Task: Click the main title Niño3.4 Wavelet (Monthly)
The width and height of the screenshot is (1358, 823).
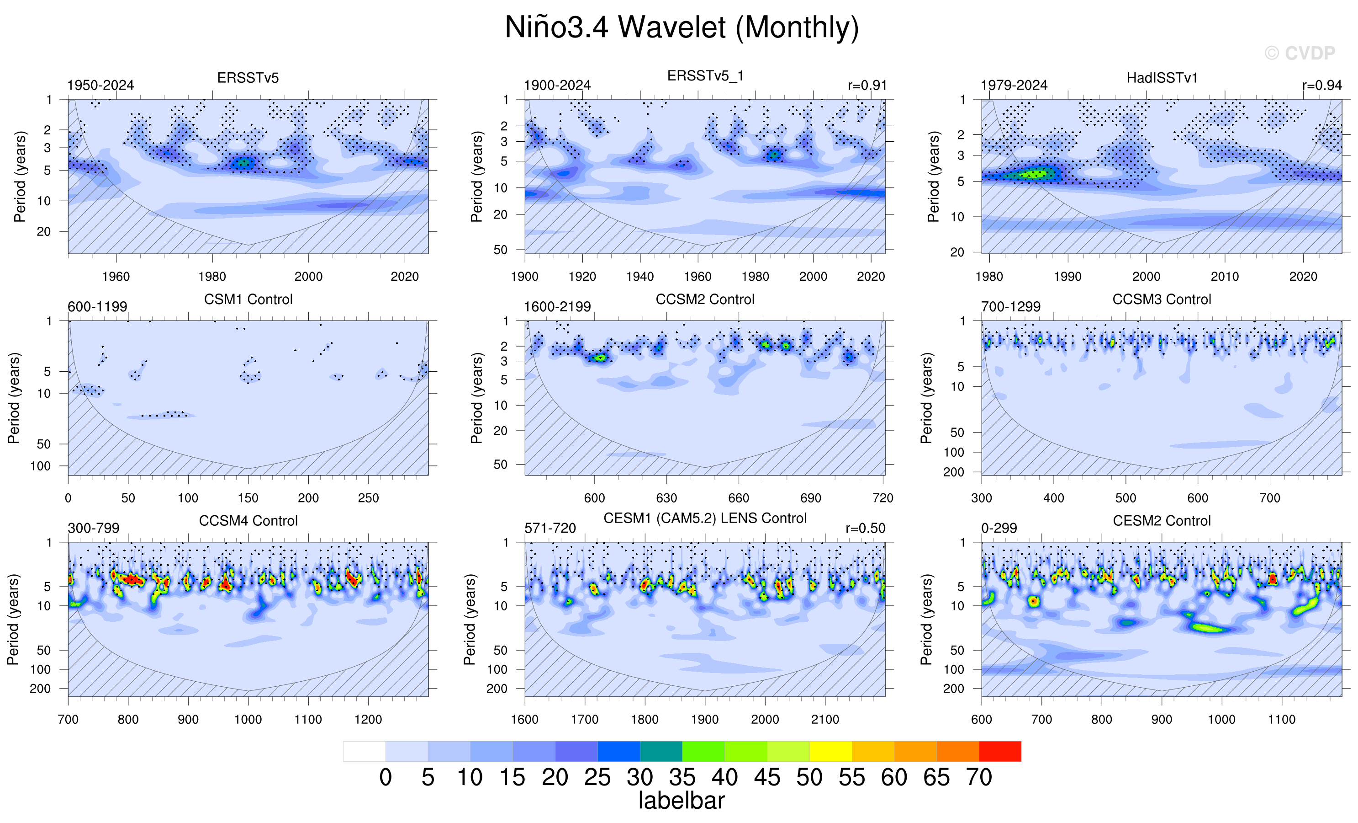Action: coord(682,27)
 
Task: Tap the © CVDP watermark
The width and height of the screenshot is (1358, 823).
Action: coord(1300,53)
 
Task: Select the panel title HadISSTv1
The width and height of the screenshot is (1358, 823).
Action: coord(1162,78)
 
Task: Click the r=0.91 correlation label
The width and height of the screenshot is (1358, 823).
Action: coord(867,86)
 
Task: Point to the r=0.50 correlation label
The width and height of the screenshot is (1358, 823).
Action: coord(865,528)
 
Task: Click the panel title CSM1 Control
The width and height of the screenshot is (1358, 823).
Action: coord(248,299)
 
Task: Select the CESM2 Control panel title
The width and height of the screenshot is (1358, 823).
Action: coord(1161,521)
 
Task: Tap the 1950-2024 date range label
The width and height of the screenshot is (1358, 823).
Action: coord(100,86)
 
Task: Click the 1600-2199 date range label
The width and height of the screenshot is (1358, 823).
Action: coord(557,307)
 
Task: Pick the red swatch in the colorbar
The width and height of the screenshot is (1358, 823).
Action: coord(1000,751)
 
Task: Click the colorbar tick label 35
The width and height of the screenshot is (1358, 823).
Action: coord(682,778)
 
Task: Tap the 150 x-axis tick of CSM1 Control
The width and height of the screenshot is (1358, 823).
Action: coord(248,498)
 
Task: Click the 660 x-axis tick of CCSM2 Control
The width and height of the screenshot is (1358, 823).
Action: coord(739,498)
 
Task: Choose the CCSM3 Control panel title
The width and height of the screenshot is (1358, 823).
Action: coord(1161,299)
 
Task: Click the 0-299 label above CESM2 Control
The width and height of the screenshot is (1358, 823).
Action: coord(999,528)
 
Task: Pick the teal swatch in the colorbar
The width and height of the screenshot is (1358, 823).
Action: coord(661,751)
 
